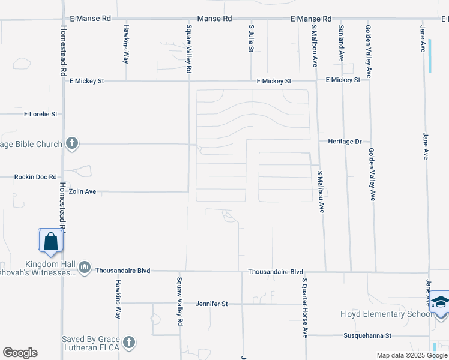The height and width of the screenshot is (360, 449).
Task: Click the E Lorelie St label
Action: pos(40,113)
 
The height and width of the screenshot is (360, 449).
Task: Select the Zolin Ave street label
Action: pos(82,192)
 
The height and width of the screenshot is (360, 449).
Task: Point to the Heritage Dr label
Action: pos(345,142)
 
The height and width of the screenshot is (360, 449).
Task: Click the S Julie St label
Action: pos(250,38)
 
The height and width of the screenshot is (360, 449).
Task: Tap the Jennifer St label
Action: pos(212,304)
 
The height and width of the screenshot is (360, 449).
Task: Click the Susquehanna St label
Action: pos(367,335)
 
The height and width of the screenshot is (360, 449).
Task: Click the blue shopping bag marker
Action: pos(51,241)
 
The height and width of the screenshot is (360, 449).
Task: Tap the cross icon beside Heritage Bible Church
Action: pos(71,143)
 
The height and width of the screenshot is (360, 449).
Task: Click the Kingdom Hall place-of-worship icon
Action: pos(84,267)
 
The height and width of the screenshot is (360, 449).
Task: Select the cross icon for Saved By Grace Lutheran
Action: pos(128,343)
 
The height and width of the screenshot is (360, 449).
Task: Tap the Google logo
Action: pos(20,353)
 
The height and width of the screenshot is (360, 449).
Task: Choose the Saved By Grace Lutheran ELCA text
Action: pos(90,343)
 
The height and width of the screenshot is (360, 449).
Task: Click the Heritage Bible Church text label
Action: pos(31,144)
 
